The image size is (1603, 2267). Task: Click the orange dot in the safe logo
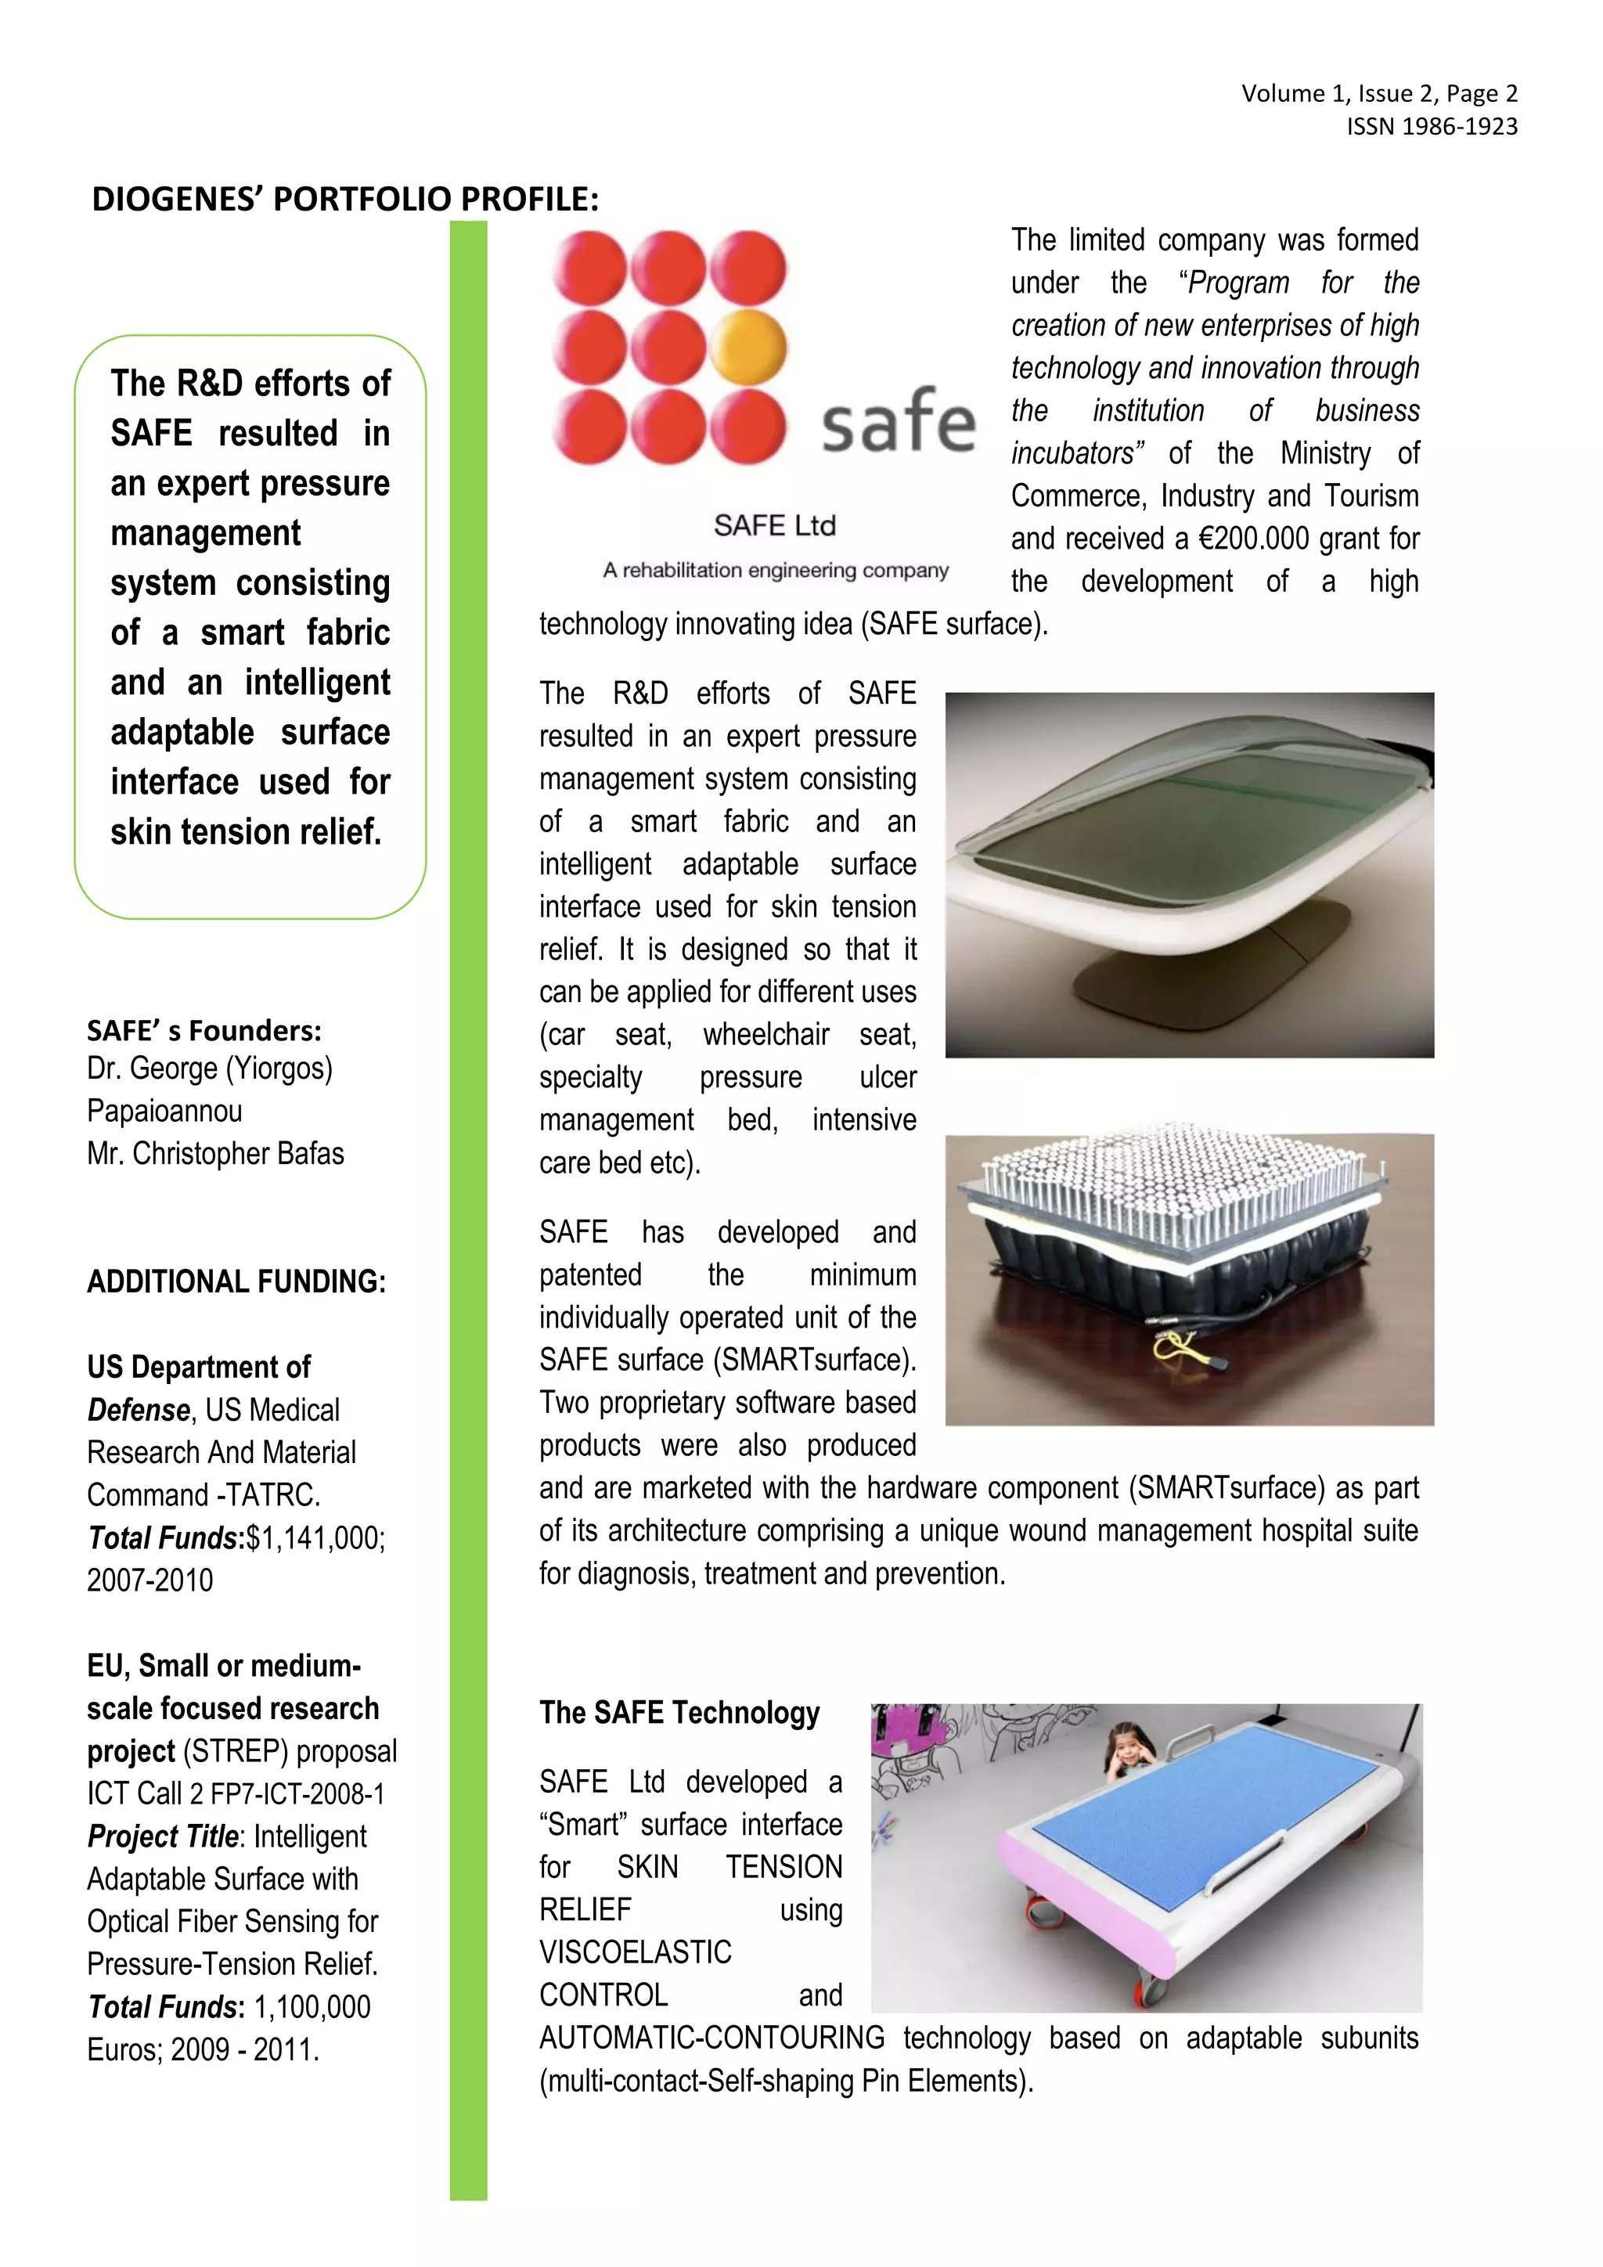coord(748,347)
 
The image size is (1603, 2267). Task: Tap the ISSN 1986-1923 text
coord(1432,126)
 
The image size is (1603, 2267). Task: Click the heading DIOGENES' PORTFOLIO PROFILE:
coord(344,200)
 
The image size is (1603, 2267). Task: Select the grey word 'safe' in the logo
coord(899,422)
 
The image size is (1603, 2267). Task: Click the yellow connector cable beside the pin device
coord(1175,1346)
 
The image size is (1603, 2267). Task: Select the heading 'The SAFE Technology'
coord(679,1713)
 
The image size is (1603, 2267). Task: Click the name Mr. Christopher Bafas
coord(215,1153)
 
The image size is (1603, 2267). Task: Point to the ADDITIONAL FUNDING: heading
coord(236,1281)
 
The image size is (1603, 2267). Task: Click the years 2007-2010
coord(150,1580)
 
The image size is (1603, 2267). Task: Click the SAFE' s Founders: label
coord(204,1031)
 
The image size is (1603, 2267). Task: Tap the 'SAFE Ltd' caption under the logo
coord(774,525)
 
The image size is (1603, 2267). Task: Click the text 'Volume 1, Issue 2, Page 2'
coord(1379,94)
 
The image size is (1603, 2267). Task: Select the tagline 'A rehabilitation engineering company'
coord(775,571)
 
